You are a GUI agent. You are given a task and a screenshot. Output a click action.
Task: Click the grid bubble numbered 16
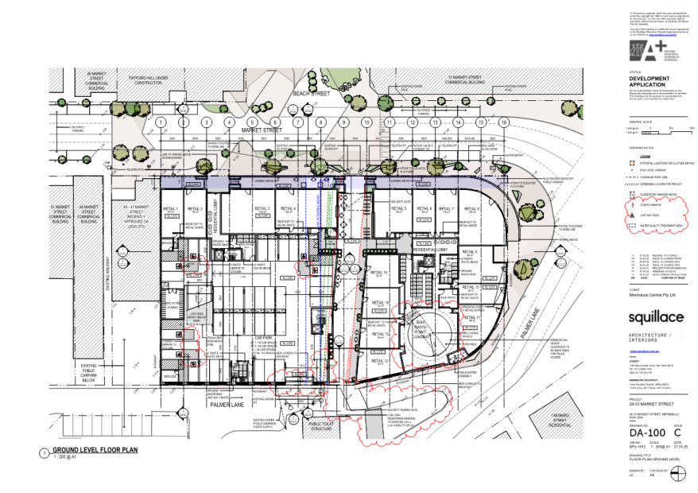pos(504,122)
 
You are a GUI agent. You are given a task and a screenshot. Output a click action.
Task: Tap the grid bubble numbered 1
pos(161,122)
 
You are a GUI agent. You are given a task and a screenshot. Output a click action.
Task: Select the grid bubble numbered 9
pos(343,122)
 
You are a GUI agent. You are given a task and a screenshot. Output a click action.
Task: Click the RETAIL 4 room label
pos(289,209)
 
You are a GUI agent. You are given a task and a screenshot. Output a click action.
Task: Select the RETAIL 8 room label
pos(473,209)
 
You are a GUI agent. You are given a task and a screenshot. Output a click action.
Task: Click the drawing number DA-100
pos(647,436)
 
